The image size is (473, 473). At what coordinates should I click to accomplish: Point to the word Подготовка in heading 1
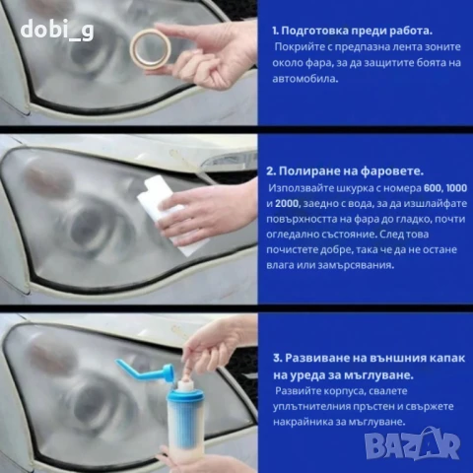tap(319, 30)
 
